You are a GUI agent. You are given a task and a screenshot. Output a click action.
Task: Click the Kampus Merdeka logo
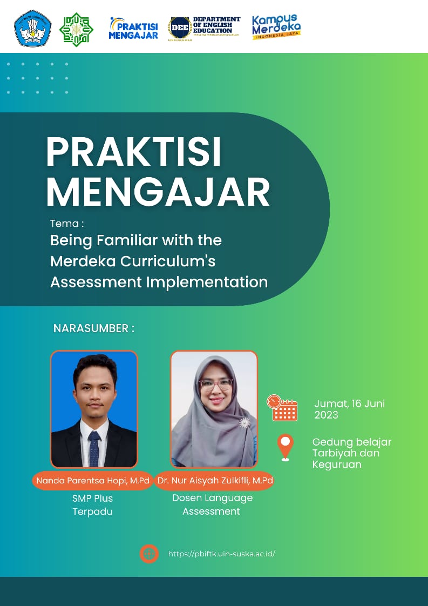[x=276, y=27]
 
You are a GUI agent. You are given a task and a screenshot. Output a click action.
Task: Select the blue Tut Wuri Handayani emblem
[x=33, y=29]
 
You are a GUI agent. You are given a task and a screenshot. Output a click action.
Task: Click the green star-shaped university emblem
[x=76, y=29]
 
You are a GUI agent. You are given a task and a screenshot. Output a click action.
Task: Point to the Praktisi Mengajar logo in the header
[x=133, y=28]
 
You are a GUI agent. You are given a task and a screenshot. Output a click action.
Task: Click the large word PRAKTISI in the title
[x=134, y=152]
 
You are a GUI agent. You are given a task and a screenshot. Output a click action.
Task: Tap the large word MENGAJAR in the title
[x=158, y=192]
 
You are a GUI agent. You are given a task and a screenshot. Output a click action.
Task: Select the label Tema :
[x=66, y=223]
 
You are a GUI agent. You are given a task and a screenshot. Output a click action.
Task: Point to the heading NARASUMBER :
[x=93, y=328]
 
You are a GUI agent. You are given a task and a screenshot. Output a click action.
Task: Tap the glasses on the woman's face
[x=215, y=385]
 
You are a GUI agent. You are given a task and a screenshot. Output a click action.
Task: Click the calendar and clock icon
[x=282, y=408]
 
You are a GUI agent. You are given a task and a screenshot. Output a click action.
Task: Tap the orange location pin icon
[x=285, y=447]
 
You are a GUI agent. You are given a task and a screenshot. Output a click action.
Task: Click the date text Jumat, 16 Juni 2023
[x=349, y=409]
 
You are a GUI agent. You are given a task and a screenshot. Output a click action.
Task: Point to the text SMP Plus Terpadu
[x=93, y=504]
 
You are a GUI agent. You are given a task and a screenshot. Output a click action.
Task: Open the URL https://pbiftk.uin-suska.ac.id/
[x=222, y=554]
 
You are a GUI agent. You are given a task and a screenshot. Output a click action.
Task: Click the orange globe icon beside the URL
[x=149, y=554]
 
